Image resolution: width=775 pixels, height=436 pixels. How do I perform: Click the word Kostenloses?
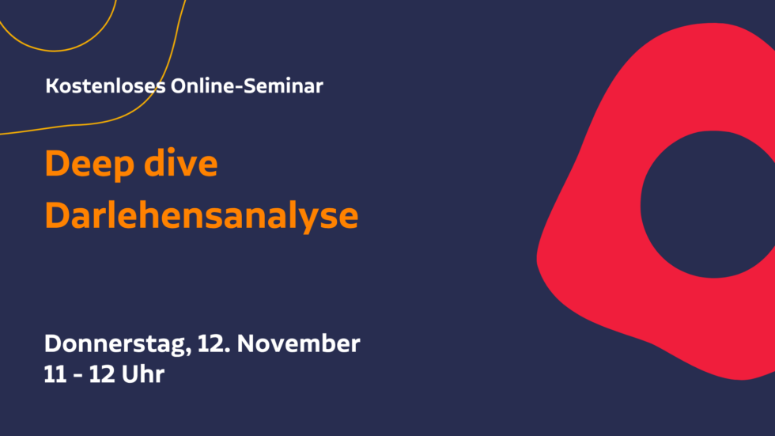(105, 86)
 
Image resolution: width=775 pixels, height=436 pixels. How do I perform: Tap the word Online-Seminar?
(247, 86)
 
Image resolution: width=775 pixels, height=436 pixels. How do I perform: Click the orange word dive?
(181, 163)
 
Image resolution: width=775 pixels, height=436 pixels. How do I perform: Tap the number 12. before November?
(214, 343)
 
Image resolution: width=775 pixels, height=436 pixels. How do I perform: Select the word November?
(299, 343)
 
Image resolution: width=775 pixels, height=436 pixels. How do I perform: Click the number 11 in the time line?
(55, 375)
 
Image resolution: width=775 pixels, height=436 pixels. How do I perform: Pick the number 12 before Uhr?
(101, 375)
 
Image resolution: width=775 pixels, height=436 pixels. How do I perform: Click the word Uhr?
(143, 375)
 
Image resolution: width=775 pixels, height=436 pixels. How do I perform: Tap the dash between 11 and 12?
(77, 376)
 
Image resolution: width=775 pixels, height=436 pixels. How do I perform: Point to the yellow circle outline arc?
(55, 51)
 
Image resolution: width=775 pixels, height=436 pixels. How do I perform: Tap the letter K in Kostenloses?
(52, 86)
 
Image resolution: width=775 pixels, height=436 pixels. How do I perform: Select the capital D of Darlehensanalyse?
(57, 215)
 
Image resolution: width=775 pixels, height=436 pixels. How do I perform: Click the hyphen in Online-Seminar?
(239, 88)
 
